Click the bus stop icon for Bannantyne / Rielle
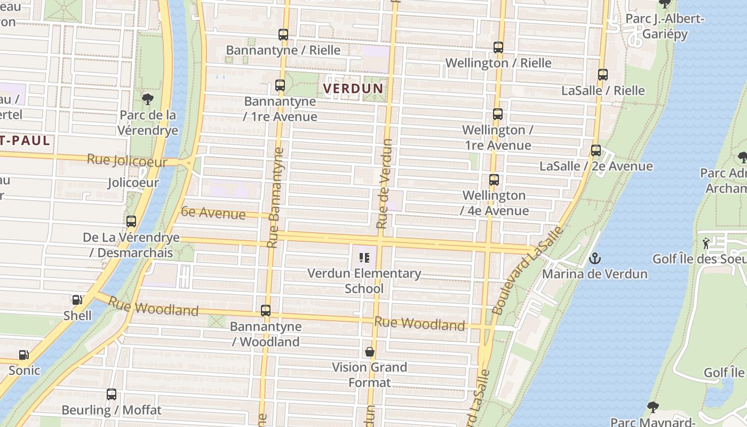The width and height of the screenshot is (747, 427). pos(283,35)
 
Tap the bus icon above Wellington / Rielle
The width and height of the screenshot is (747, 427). pos(498,48)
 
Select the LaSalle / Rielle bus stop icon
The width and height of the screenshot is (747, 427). pos(603,75)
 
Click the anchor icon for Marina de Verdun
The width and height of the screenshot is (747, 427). pos(594,259)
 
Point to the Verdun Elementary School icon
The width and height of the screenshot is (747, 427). pos(364,258)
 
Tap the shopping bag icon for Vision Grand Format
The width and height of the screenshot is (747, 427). pos(369,352)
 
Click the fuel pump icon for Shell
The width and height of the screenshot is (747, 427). pos(77,301)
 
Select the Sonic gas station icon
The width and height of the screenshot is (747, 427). pos(24,355)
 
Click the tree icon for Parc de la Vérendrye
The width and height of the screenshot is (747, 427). pos(147,99)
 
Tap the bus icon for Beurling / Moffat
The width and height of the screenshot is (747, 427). pos(112,394)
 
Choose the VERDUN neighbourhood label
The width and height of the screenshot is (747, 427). pos(353,88)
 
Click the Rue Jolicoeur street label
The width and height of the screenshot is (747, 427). pos(127,160)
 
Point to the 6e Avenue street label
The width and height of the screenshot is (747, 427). pos(213,213)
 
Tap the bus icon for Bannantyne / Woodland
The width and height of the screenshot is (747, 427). pos(266,311)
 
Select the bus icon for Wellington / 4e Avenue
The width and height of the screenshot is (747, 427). pos(494,180)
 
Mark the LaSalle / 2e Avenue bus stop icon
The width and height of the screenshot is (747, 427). pos(596,151)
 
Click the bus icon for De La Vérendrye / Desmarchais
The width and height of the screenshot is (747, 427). pos(131,222)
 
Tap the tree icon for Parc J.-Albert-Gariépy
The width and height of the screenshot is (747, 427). pos(665,4)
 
